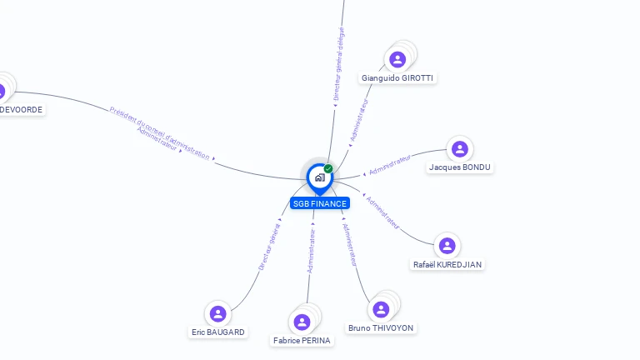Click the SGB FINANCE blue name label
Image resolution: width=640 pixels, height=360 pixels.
click(x=320, y=203)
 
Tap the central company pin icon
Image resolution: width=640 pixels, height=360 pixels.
click(x=319, y=177)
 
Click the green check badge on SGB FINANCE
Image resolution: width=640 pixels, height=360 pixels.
click(x=328, y=169)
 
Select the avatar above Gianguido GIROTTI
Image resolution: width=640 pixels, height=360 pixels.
click(x=397, y=59)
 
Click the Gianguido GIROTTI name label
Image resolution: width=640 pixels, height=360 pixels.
click(x=397, y=78)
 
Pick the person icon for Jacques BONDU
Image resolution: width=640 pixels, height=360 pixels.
click(x=459, y=149)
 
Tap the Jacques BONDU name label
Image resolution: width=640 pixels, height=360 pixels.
click(x=460, y=167)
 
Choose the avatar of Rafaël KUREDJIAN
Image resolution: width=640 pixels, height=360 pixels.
click(x=447, y=246)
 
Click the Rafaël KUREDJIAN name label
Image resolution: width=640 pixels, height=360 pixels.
click(x=447, y=265)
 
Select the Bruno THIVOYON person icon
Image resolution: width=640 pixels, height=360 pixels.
click(x=381, y=309)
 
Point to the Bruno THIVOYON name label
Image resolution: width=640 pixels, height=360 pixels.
click(x=381, y=328)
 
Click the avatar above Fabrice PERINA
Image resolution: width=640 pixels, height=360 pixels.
click(x=302, y=322)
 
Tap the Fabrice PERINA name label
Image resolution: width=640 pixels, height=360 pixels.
click(x=302, y=341)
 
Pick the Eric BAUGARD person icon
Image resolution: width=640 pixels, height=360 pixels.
click(x=218, y=313)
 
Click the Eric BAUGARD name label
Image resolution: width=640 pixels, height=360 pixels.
click(x=218, y=332)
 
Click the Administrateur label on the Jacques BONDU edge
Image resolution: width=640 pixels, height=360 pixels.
click(x=390, y=164)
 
